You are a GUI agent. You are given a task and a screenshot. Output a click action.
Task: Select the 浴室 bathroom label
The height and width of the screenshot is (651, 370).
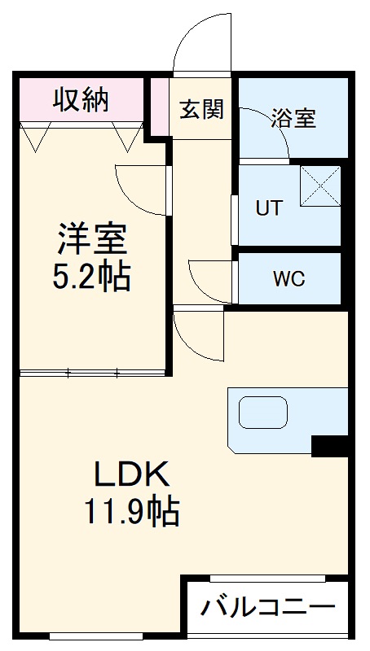click(294, 119)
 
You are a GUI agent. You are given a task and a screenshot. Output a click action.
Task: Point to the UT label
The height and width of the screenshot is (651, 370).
click(269, 208)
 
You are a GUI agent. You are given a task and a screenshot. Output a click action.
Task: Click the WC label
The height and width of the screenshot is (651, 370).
click(288, 278)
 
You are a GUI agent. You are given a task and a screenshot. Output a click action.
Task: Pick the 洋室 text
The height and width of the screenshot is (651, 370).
click(91, 240)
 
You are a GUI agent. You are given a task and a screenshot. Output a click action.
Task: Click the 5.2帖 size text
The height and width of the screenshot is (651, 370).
click(91, 277)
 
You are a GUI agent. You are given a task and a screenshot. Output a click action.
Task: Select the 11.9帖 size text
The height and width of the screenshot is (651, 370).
click(130, 512)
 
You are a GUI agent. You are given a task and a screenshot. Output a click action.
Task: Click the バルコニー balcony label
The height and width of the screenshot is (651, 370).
click(268, 607)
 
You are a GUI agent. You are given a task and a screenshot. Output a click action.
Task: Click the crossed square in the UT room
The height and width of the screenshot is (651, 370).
click(319, 186)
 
